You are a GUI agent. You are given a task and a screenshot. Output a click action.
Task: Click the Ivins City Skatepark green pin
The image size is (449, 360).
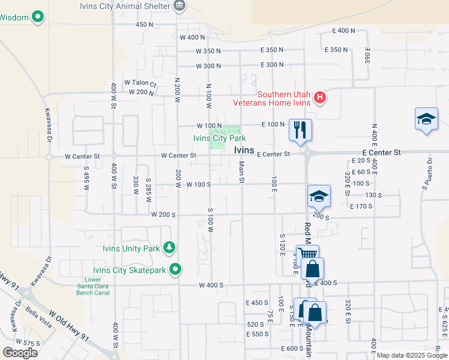[x=176, y=269]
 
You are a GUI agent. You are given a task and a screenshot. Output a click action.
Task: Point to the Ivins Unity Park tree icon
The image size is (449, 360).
[x=170, y=248]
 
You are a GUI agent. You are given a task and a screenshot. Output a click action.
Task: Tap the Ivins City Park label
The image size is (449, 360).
[x=219, y=139]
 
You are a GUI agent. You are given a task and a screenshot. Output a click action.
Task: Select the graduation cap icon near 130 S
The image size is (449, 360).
[x=319, y=196]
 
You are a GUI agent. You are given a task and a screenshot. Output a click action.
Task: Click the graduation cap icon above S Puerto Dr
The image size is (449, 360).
[x=426, y=119]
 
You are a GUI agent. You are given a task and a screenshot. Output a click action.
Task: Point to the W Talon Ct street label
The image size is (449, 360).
[x=140, y=83]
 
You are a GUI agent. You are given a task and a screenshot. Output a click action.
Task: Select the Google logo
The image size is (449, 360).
[x=20, y=353]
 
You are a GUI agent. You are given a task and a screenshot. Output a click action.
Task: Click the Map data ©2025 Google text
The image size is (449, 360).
[x=412, y=356]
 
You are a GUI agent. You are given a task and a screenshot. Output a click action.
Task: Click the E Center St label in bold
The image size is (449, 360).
[x=381, y=153]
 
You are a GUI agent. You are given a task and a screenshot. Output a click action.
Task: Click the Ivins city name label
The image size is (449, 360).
[x=244, y=150]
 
